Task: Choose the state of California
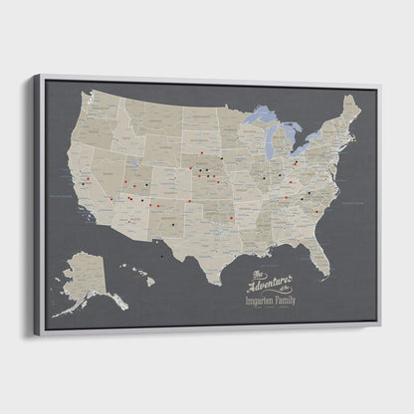coord(81,184)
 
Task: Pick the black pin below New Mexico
coord(161,256)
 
